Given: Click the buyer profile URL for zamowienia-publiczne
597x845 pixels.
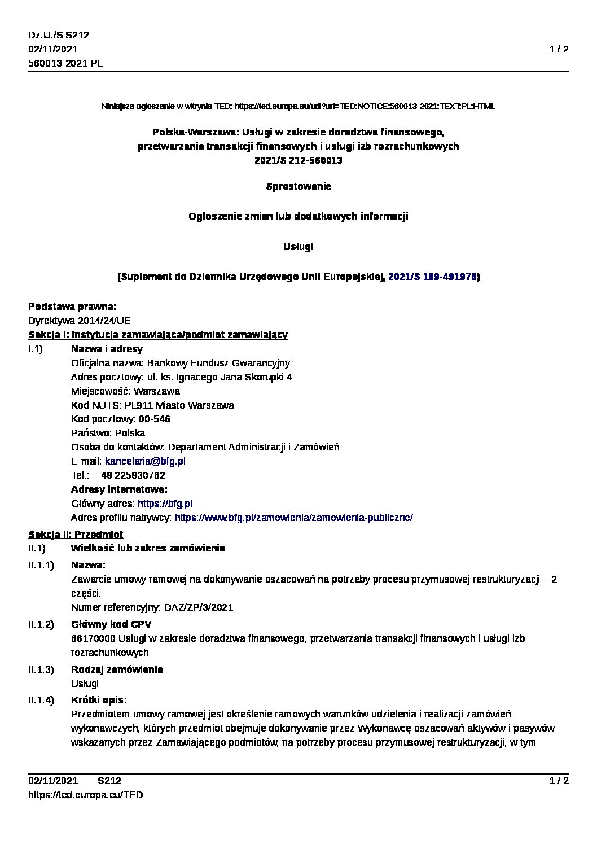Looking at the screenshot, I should click(294, 518).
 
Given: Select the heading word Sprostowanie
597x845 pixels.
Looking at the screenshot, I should click(298, 186).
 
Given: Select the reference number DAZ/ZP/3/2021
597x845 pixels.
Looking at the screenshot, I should click(198, 607).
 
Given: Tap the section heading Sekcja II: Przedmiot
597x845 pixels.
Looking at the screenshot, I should click(76, 534).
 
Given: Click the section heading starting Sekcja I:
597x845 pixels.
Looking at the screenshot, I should click(158, 335).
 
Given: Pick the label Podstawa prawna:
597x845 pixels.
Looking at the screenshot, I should click(72, 307).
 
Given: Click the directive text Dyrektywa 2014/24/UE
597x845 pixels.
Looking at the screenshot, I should click(79, 321).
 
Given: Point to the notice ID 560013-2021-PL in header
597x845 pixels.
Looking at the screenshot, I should click(65, 63).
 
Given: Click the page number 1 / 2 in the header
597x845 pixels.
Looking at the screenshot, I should click(559, 49).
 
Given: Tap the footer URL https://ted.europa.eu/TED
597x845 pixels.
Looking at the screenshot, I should click(86, 795).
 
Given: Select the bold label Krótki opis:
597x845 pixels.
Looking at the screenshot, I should click(99, 700).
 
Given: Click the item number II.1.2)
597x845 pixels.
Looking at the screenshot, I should click(41, 624).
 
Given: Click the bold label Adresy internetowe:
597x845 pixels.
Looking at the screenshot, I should click(119, 489).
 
